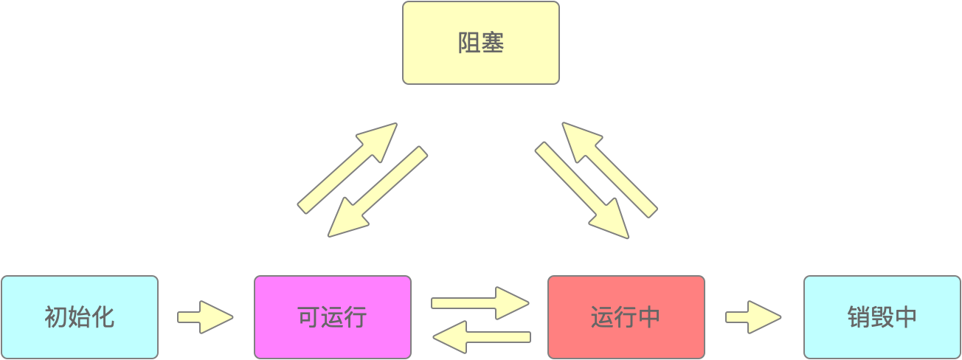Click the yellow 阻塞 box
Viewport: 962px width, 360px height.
[481, 43]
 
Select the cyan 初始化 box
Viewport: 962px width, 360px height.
[80, 317]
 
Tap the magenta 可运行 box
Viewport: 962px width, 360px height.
[332, 317]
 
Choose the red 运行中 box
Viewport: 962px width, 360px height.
[626, 317]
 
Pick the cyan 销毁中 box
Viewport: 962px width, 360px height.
[882, 317]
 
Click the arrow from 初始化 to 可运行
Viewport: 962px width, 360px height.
[204, 317]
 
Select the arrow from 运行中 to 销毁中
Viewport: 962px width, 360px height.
[752, 317]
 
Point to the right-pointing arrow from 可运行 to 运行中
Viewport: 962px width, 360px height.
[480, 303]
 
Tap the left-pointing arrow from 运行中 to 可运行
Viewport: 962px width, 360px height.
[480, 338]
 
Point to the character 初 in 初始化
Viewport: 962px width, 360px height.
[56, 318]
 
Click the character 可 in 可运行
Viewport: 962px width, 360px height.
[308, 318]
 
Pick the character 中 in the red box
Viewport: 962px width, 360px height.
[649, 318]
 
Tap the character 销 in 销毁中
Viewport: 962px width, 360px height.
[859, 318]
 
